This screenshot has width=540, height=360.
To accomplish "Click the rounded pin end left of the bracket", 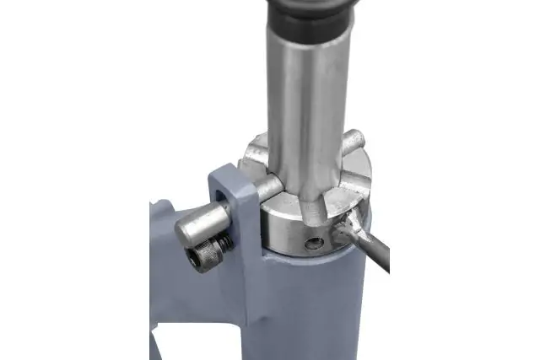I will click(186, 228).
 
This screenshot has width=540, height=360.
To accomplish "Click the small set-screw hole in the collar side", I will click(315, 243).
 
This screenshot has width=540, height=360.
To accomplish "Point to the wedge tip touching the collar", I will click(343, 225).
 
